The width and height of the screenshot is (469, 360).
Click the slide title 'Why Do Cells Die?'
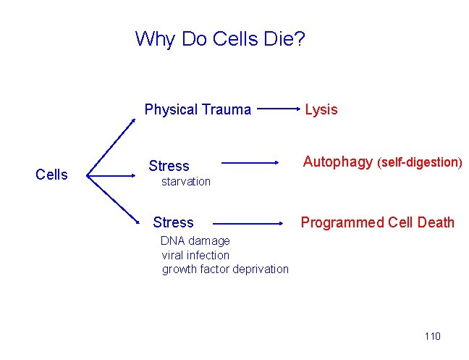[x=220, y=38]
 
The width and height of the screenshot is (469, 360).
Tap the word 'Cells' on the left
[x=51, y=175]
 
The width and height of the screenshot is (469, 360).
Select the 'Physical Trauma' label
[x=198, y=110]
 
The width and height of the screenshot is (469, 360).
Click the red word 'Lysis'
[x=321, y=110]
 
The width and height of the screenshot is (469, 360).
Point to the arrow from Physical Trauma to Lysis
[x=278, y=110]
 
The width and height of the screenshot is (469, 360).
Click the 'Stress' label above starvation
[x=169, y=166]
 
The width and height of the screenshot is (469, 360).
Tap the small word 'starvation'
[x=186, y=181]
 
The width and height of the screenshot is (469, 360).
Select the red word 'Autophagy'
[x=337, y=162]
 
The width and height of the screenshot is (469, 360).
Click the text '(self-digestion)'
[x=420, y=162]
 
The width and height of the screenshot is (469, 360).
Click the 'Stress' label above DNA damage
[x=174, y=222]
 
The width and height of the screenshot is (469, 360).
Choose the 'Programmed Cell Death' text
[x=377, y=222]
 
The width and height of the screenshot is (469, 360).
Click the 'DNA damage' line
[x=195, y=240]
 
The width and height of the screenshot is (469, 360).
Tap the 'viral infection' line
[x=195, y=255]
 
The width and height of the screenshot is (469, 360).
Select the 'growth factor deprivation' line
[x=225, y=269]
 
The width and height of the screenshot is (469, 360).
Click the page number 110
[x=432, y=336]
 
